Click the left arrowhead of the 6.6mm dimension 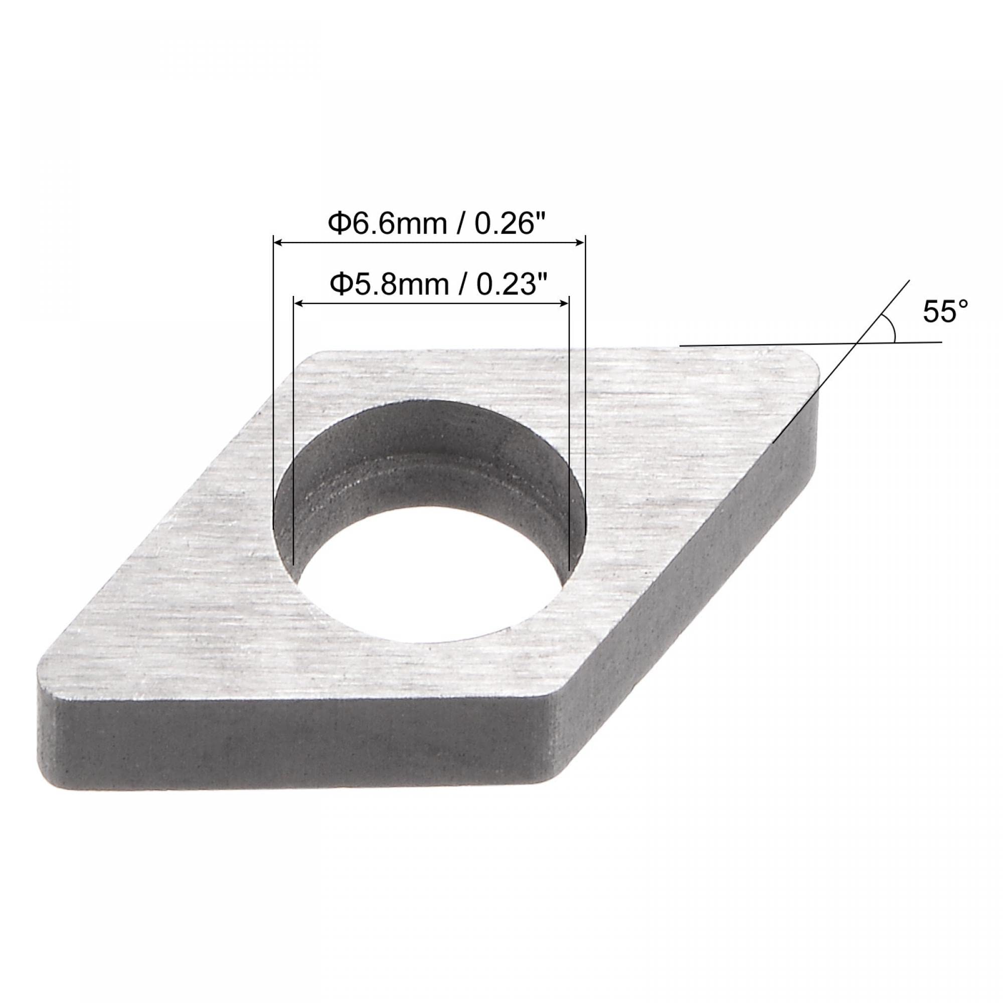pyautogui.click(x=278, y=242)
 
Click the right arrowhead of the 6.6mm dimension pyautogui.click(x=581, y=242)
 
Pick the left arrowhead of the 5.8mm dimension pyautogui.click(x=298, y=303)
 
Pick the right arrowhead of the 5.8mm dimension pyautogui.click(x=565, y=303)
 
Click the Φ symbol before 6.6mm pyautogui.click(x=338, y=225)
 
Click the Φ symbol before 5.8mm pyautogui.click(x=341, y=284)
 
